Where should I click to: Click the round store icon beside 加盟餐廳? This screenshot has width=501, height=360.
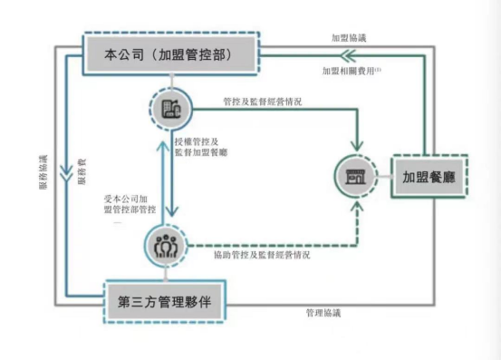(354, 176)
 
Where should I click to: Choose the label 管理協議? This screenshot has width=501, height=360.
(323, 313)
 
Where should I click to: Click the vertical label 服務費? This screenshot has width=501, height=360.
(83, 172)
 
